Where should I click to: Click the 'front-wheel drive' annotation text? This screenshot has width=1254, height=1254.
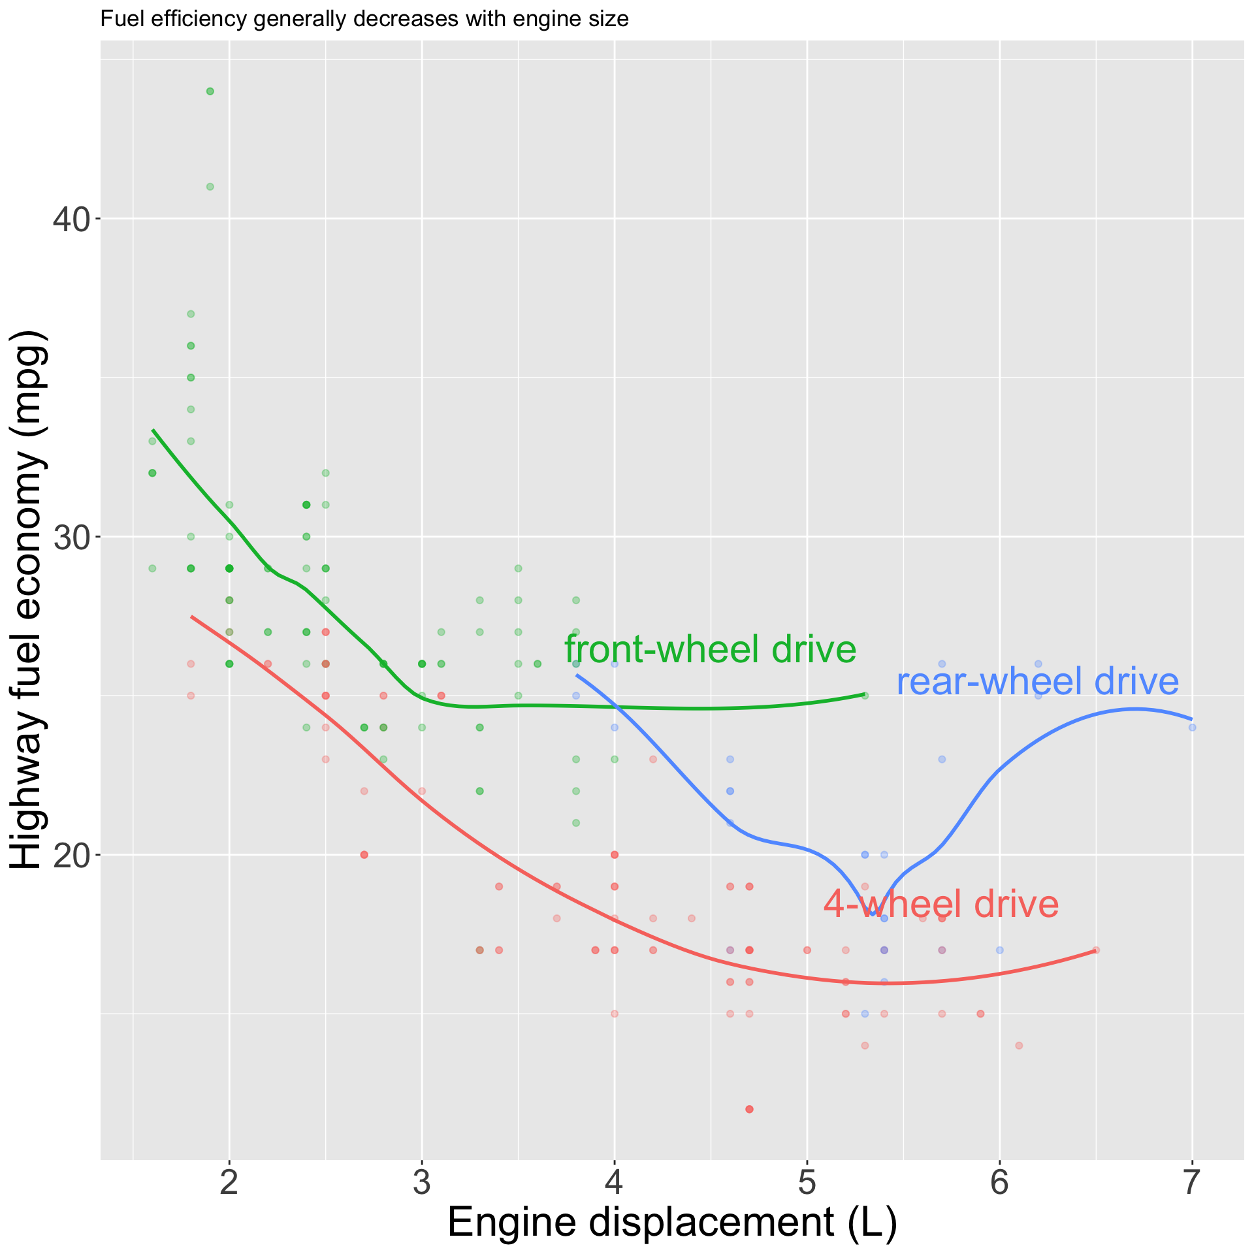click(710, 650)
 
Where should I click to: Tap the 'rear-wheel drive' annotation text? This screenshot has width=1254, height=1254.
click(1038, 682)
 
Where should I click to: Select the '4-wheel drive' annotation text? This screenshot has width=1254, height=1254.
click(940, 905)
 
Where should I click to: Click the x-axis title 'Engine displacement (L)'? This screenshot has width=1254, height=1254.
click(672, 1223)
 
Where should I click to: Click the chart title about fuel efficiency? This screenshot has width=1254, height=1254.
click(364, 20)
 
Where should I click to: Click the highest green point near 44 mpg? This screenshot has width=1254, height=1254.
click(210, 91)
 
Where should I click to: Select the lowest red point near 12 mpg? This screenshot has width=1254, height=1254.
click(749, 1109)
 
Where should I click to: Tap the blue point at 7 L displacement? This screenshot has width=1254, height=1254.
click(1192, 728)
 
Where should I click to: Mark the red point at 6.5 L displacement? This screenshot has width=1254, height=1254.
click(1096, 950)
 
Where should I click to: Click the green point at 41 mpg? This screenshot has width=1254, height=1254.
click(210, 187)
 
